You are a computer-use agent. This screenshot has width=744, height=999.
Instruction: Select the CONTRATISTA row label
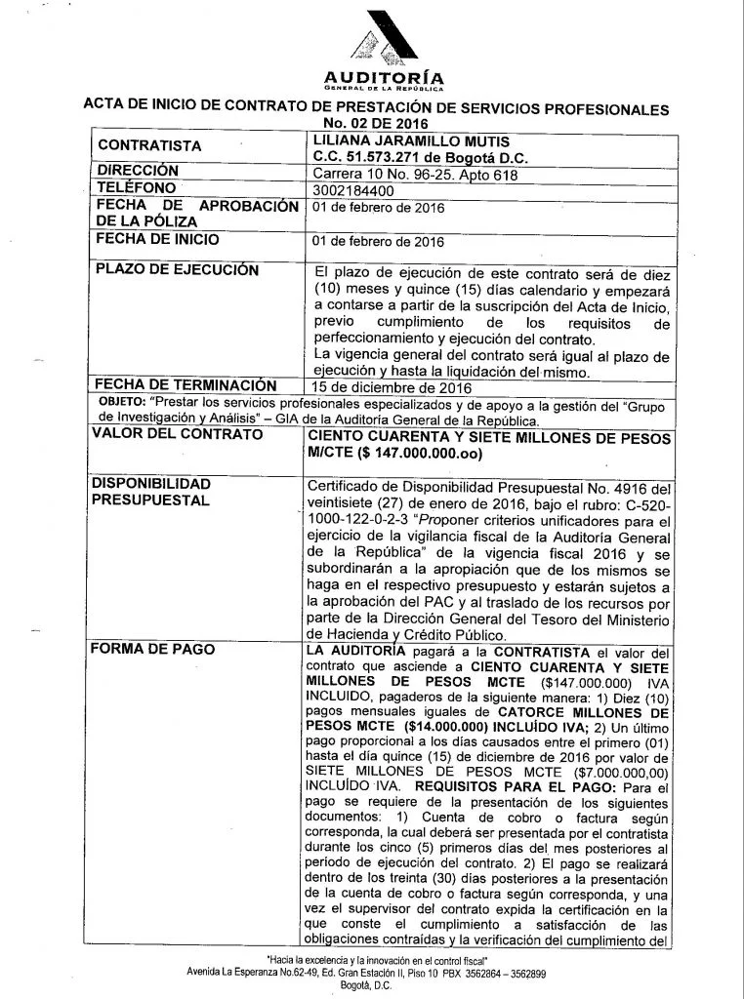coord(164,146)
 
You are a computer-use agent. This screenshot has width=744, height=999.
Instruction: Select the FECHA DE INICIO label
coord(157,239)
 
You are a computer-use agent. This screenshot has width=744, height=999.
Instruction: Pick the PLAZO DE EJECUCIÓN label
coord(177,269)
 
